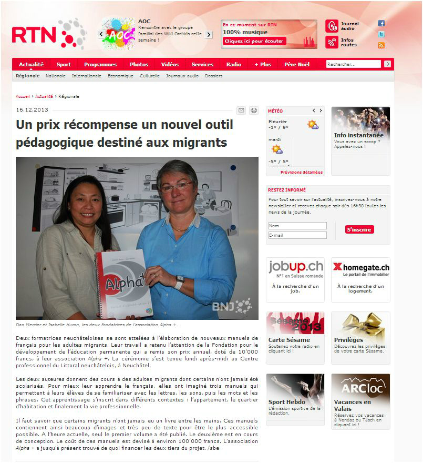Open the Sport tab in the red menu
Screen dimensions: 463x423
click(x=64, y=65)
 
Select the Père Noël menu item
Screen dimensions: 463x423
click(x=297, y=65)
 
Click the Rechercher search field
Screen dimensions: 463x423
click(x=353, y=64)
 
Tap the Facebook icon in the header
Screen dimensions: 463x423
click(x=381, y=24)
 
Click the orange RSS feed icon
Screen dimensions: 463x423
click(x=381, y=45)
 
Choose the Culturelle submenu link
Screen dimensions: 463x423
click(x=150, y=76)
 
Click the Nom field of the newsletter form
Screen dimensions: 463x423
click(x=297, y=226)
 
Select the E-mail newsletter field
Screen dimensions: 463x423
click(x=297, y=235)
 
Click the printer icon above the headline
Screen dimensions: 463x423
click(x=254, y=110)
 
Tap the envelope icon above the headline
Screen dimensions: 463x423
click(x=241, y=110)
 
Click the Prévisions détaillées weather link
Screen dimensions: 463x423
click(x=302, y=172)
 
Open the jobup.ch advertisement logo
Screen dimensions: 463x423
click(x=295, y=269)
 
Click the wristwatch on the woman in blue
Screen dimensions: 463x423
click(x=180, y=283)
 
